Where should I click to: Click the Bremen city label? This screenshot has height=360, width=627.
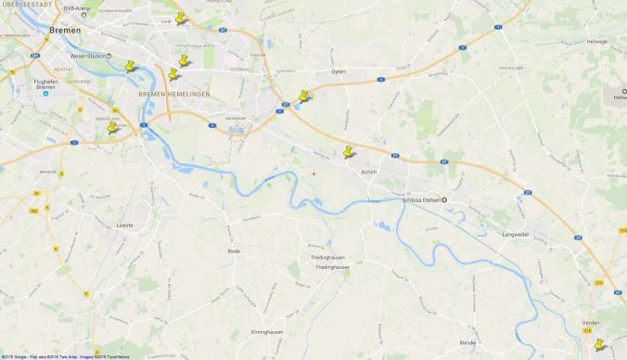(x=67, y=31)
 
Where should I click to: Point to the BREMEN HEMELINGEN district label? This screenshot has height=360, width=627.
(x=174, y=95)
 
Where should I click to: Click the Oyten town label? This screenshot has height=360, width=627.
(x=338, y=71)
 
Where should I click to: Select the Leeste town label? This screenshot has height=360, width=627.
(x=125, y=225)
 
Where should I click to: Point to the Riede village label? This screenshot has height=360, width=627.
(x=234, y=251)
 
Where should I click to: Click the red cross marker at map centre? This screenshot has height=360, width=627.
(x=313, y=173)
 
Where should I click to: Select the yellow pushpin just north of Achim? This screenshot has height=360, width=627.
(x=349, y=151)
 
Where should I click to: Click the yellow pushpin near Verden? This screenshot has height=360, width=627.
(x=598, y=345)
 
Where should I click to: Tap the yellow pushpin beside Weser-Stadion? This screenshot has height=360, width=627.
(x=131, y=67)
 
